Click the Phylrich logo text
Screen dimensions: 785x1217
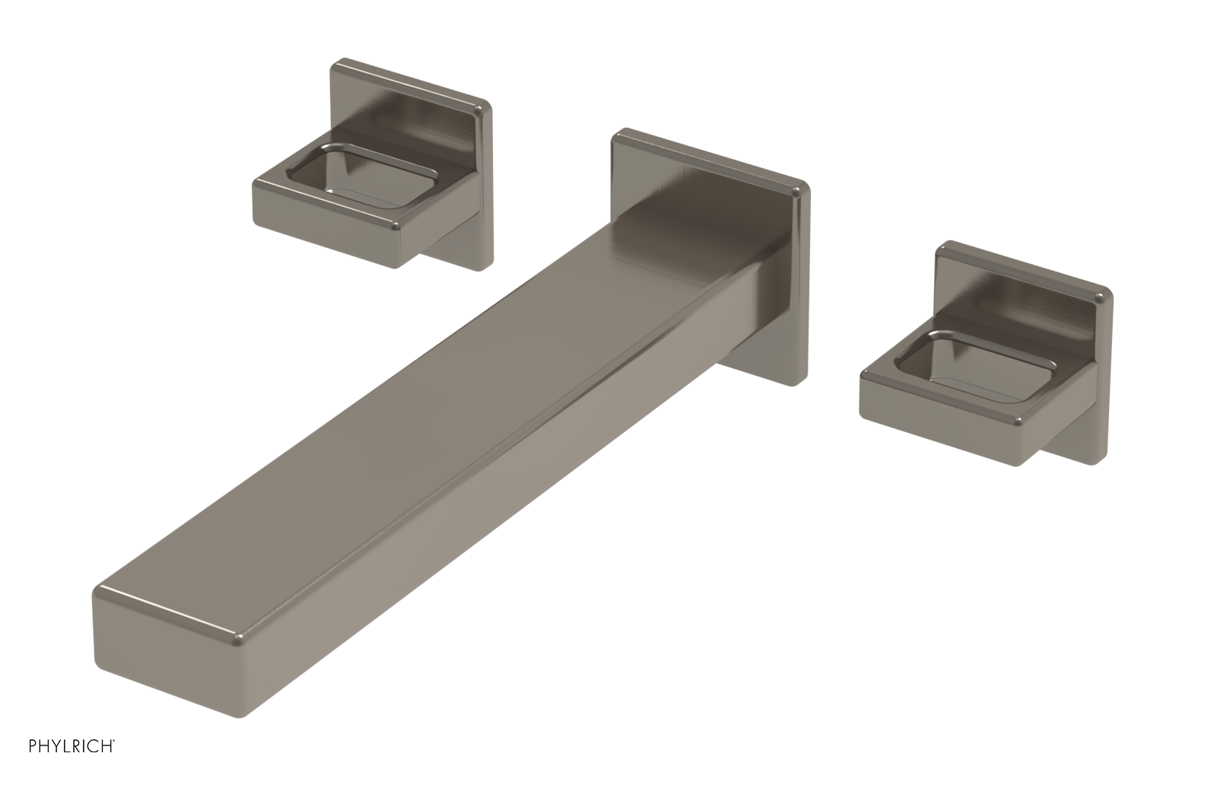71,746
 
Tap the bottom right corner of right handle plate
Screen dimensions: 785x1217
1103,461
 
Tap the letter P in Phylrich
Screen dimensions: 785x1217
33,746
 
